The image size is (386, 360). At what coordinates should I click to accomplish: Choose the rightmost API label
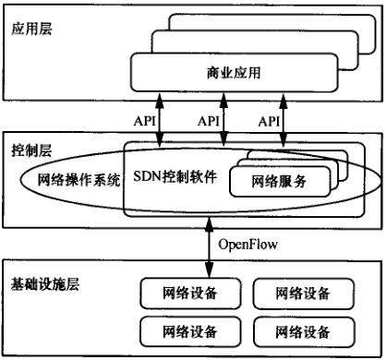point(269,120)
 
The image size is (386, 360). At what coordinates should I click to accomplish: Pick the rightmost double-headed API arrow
point(285,118)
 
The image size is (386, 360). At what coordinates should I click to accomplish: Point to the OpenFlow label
point(248,245)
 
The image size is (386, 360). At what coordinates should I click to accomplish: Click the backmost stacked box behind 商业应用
point(277,22)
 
